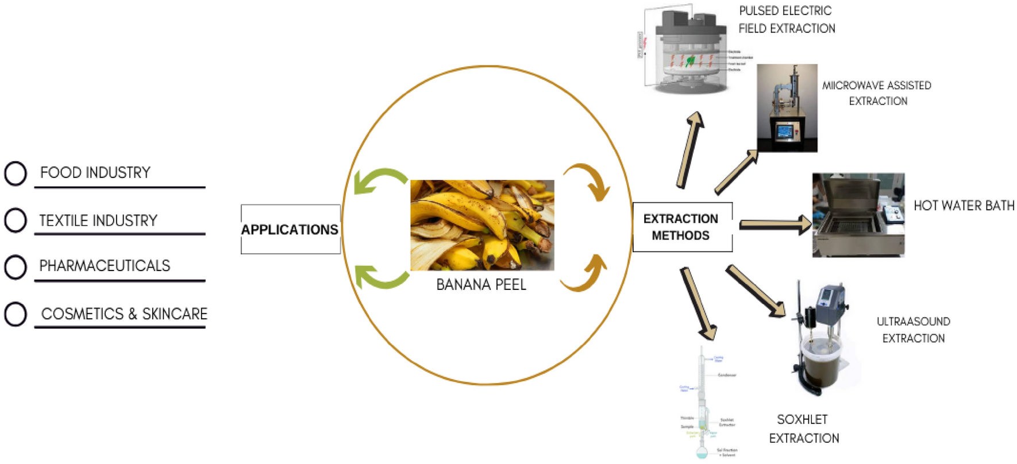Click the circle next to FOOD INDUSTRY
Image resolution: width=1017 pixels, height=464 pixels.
[16, 173]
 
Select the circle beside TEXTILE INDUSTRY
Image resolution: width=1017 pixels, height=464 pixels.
[16, 221]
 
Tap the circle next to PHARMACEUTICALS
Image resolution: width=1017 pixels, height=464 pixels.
[16, 267]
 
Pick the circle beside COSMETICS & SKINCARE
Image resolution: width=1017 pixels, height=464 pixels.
[16, 314]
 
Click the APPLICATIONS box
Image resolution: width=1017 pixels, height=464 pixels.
[290, 229]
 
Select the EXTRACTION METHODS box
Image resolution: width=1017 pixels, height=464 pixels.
[682, 227]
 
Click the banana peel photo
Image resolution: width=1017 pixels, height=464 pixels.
[482, 225]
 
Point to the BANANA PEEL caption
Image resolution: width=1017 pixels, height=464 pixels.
[481, 285]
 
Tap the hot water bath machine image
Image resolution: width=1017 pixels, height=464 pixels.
[858, 215]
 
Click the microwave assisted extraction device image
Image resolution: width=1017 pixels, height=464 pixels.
[787, 108]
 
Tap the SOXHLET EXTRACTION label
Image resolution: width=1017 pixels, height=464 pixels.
[803, 429]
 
